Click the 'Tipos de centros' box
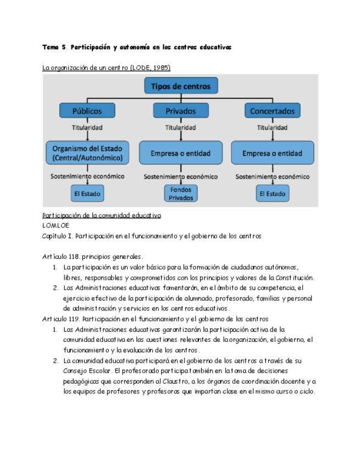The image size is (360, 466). pyautogui.click(x=181, y=86)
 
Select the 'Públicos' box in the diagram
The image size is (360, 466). pyautogui.click(x=87, y=110)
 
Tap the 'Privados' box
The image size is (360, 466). pyautogui.click(x=181, y=110)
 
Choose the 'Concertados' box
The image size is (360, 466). pyautogui.click(x=273, y=110)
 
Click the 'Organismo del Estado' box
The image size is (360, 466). pyautogui.click(x=87, y=153)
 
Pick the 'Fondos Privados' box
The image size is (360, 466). pyautogui.click(x=181, y=193)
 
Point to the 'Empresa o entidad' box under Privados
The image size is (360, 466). pyautogui.click(x=181, y=153)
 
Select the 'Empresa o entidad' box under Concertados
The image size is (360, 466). pyautogui.click(x=273, y=153)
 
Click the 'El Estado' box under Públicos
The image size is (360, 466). pyautogui.click(x=87, y=193)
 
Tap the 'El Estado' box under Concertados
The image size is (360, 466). pyautogui.click(x=273, y=193)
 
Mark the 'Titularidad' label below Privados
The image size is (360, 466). pyautogui.click(x=181, y=127)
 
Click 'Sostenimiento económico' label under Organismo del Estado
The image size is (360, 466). pyautogui.click(x=87, y=176)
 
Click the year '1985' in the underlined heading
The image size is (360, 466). pyautogui.click(x=161, y=68)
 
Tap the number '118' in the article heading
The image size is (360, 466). pyautogui.click(x=74, y=257)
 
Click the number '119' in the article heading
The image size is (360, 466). pyautogui.click(x=74, y=319)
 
